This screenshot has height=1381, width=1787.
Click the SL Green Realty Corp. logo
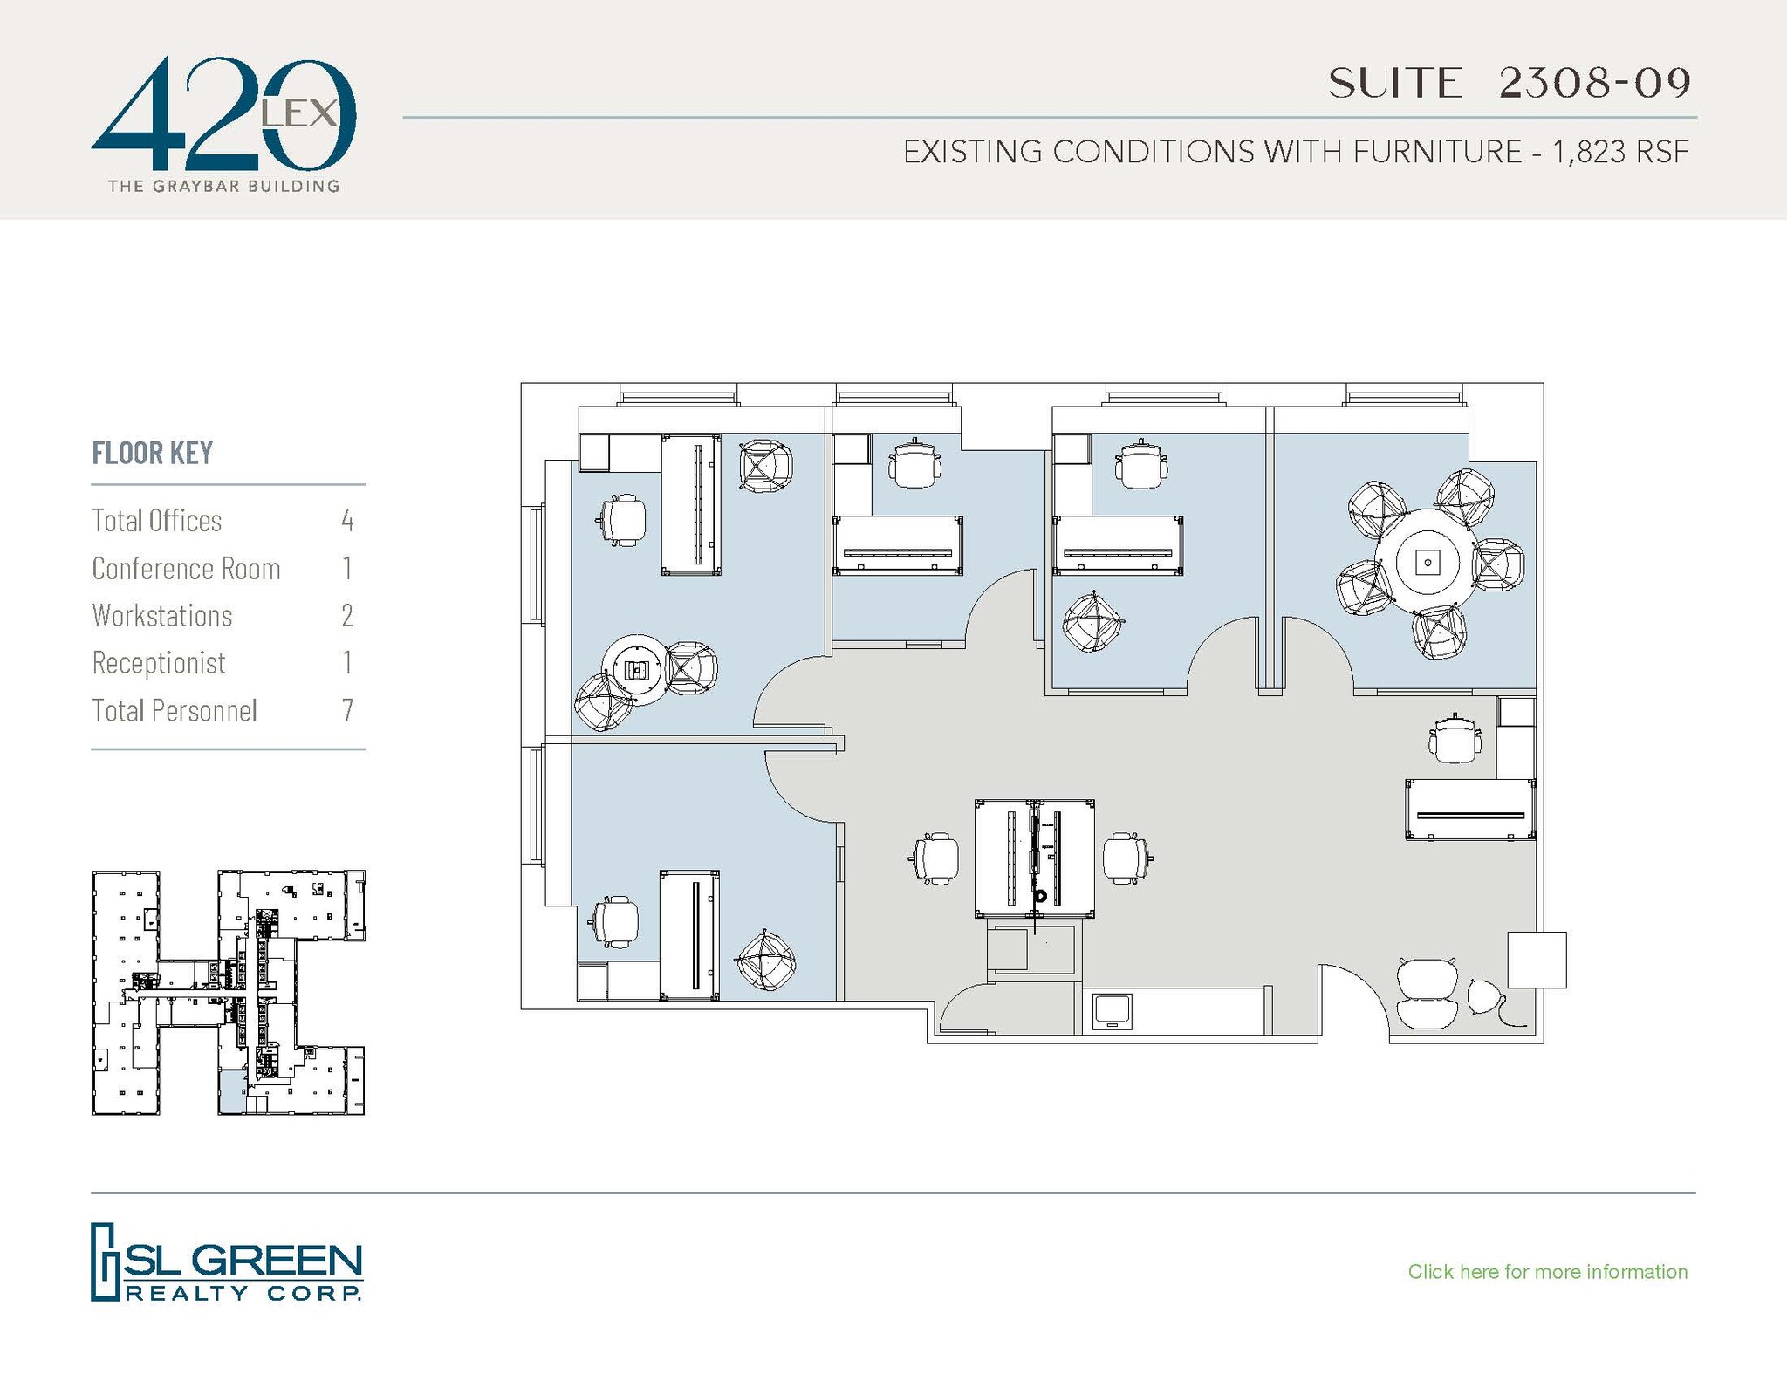pyautogui.click(x=227, y=1261)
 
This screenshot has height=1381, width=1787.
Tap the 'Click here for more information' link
pyautogui.click(x=1547, y=1271)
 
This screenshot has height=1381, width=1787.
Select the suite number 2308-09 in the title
pyautogui.click(x=1595, y=83)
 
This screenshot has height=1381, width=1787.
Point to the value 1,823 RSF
pyautogui.click(x=1620, y=152)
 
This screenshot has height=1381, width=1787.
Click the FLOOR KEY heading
pyautogui.click(x=153, y=453)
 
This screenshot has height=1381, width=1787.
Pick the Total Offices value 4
pyautogui.click(x=347, y=521)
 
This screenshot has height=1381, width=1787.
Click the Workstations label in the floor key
pyautogui.click(x=162, y=616)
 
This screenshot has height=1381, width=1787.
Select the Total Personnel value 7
pyautogui.click(x=347, y=710)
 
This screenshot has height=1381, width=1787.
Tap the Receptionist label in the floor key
pyautogui.click(x=159, y=663)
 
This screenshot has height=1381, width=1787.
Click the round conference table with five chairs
pyautogui.click(x=1427, y=563)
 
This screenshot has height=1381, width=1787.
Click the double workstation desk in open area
pyautogui.click(x=1034, y=858)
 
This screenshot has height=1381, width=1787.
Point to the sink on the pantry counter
pyautogui.click(x=1112, y=1011)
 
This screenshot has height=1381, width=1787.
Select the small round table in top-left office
pyautogui.click(x=637, y=670)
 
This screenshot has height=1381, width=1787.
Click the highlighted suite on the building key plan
pyautogui.click(x=231, y=1093)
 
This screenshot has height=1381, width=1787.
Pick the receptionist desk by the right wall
pyautogui.click(x=1469, y=810)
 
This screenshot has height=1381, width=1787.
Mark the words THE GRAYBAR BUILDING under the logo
pyautogui.click(x=223, y=186)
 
